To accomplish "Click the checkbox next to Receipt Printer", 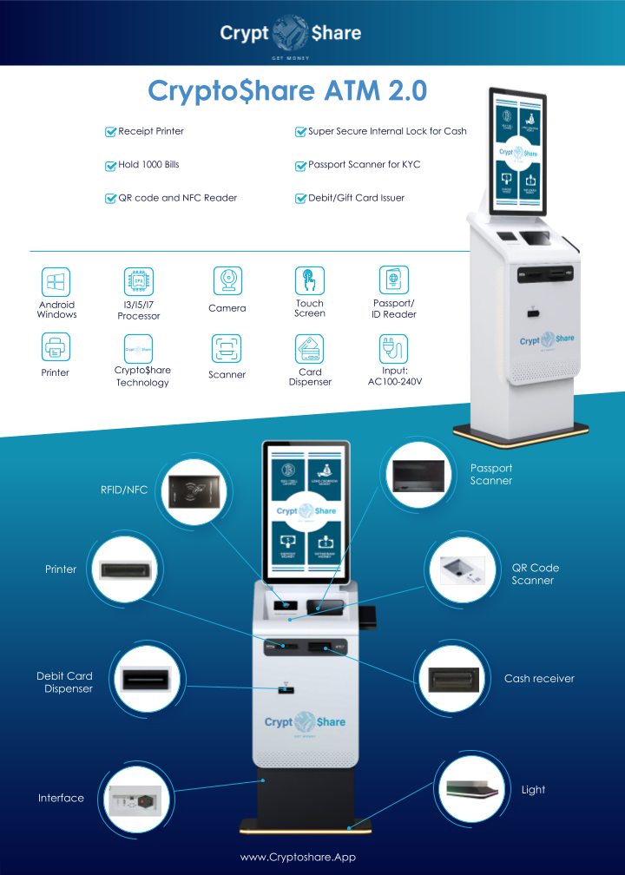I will pyautogui.click(x=110, y=132).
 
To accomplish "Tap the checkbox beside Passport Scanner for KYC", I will pyautogui.click(x=301, y=165).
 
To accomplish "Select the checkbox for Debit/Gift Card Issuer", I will pyautogui.click(x=301, y=198).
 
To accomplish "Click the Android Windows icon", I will pyautogui.click(x=56, y=281).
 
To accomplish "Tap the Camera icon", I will pyautogui.click(x=227, y=280).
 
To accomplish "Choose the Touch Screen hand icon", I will pyautogui.click(x=310, y=280).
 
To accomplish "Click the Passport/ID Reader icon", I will pyautogui.click(x=393, y=280).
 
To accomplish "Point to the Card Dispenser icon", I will pyautogui.click(x=310, y=349).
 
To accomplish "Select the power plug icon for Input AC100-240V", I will pyautogui.click(x=393, y=347).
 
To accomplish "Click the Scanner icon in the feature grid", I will pyautogui.click(x=227, y=349).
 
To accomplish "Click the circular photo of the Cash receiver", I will pyautogui.click(x=448, y=679).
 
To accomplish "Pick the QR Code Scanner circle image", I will pyautogui.click(x=463, y=569).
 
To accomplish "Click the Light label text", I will pyautogui.click(x=533, y=790).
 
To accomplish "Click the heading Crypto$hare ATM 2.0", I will pyautogui.click(x=287, y=91).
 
